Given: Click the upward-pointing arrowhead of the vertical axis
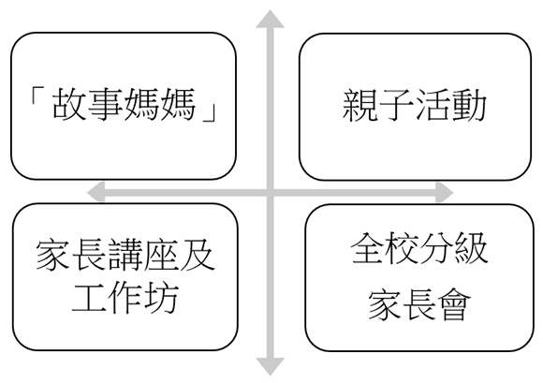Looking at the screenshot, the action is pos(270,19).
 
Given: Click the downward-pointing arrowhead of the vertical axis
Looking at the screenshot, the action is pos(270,366).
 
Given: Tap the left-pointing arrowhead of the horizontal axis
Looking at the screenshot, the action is pos(95,192).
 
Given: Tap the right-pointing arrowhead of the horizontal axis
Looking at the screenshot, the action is pos(445,192).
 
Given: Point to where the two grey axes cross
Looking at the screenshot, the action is pos(271,192).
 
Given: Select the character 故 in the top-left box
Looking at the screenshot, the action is pos(69,104).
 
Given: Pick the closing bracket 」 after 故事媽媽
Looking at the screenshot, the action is pos(209,111).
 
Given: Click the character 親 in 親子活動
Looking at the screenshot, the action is pos(360,105).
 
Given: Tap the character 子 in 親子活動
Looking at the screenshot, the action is pos(396,105).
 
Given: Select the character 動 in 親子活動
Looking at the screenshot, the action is pos(468,105).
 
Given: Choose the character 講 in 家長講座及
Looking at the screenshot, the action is pos(125,256).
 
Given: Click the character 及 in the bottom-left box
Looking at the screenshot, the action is pos(198,256).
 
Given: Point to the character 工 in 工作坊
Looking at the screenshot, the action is pos(89,298).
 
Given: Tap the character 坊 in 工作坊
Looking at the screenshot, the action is pos(161,298).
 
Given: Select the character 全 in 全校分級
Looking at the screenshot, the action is pos(368,248).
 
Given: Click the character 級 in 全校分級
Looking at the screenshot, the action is pos(471,248).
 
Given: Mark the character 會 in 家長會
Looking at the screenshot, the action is pos(453,304).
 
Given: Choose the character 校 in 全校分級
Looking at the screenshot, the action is pos(402,248).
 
